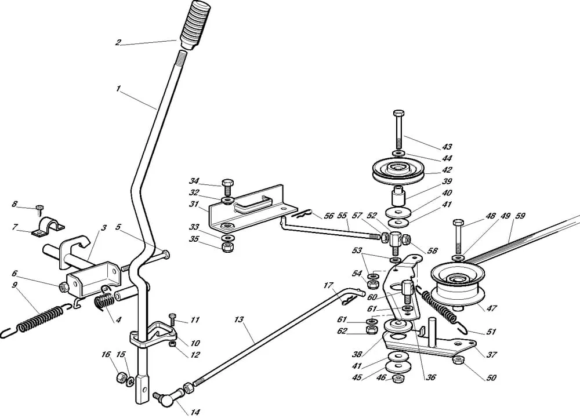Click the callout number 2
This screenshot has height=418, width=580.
coord(118,42)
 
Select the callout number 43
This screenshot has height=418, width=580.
coord(447,147)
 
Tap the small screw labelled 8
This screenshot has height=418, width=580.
coord(39,208)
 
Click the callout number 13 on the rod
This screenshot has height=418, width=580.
coord(238,319)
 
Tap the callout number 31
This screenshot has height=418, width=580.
coord(194,204)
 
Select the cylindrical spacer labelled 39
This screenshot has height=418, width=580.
coord(397,196)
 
